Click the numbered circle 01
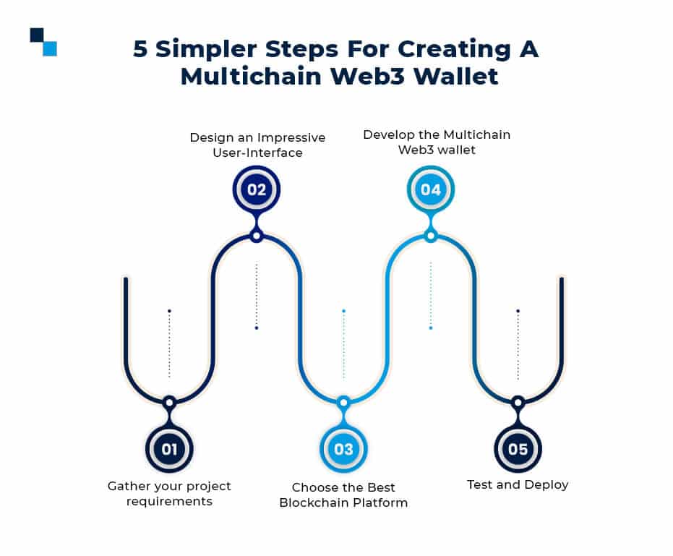[169, 449]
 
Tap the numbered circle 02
[256, 189]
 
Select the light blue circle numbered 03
[343, 449]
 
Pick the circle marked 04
[431, 189]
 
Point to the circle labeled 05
[518, 449]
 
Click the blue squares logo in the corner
[43, 41]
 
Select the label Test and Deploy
[518, 484]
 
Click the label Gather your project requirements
[169, 493]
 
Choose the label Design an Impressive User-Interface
[257, 145]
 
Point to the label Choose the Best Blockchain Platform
[343, 495]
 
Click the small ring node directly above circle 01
[169, 402]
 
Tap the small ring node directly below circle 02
[256, 236]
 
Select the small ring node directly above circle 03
[343, 402]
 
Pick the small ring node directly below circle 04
[431, 236]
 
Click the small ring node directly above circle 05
[518, 402]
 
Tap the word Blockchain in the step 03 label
[314, 502]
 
